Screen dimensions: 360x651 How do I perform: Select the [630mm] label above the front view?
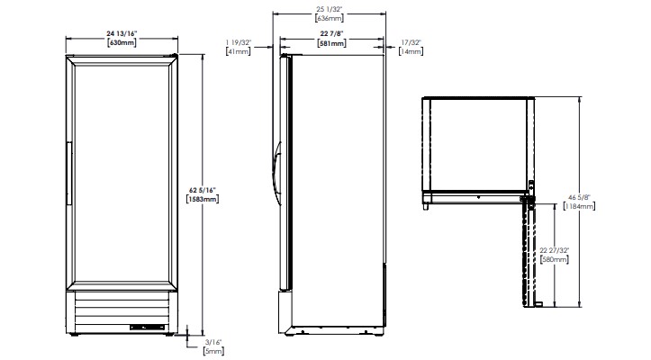click(121, 43)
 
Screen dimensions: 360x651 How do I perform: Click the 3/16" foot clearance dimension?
click(212, 342)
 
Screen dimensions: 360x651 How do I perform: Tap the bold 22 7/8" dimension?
click(333, 33)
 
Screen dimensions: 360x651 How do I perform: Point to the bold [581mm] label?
click(333, 42)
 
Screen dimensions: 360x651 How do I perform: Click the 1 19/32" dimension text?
click(240, 41)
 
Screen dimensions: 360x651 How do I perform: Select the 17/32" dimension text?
click(411, 41)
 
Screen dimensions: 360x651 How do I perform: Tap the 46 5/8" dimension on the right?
click(577, 196)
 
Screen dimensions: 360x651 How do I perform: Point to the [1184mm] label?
click(577, 205)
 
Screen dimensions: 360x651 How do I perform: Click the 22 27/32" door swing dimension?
click(555, 250)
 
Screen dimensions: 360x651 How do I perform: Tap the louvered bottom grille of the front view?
click(121, 313)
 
